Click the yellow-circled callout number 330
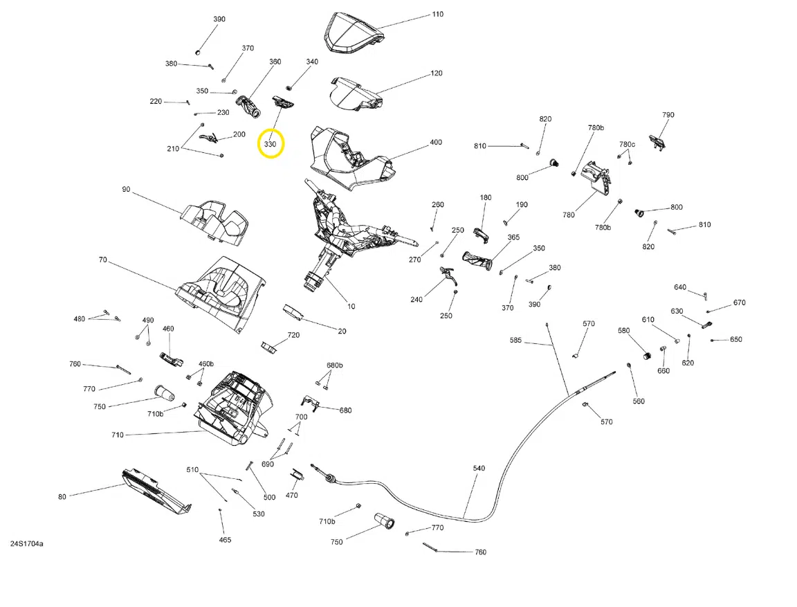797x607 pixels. (x=271, y=145)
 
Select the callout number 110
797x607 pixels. (x=437, y=15)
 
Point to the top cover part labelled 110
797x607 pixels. (x=354, y=33)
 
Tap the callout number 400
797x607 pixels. (x=436, y=143)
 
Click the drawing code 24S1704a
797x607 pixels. (x=26, y=544)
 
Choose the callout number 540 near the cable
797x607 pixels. (x=479, y=469)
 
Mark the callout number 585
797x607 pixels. (x=516, y=341)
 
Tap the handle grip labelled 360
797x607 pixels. (x=248, y=107)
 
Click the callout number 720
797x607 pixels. (x=293, y=335)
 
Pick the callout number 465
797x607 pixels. (x=226, y=540)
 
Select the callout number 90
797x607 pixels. (x=126, y=190)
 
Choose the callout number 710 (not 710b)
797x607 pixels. (x=117, y=435)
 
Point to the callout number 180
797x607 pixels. (x=486, y=198)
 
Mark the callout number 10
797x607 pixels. (x=351, y=306)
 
